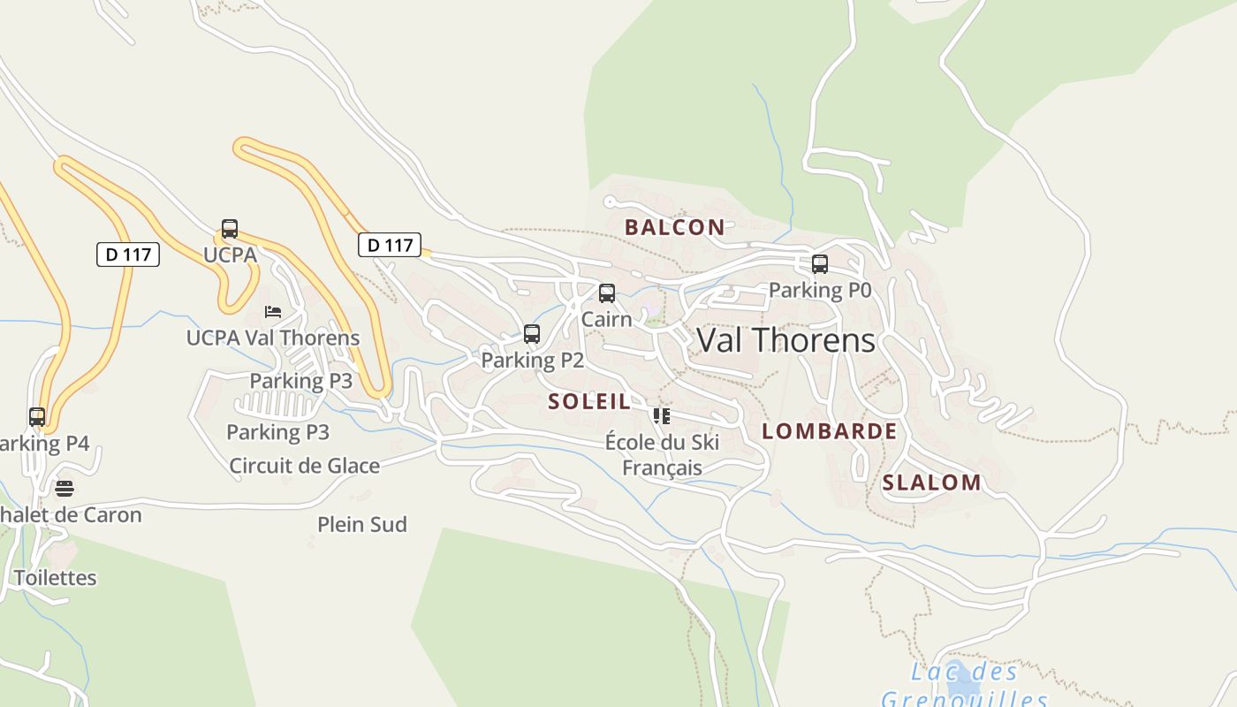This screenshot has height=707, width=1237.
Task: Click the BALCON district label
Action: pyautogui.click(x=674, y=227)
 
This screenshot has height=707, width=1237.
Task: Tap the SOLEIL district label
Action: pyautogui.click(x=589, y=401)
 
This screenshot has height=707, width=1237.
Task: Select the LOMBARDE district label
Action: pyautogui.click(x=829, y=431)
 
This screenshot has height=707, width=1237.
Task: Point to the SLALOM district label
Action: pyautogui.click(x=931, y=483)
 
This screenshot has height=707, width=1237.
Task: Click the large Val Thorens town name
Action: pyautogui.click(x=785, y=340)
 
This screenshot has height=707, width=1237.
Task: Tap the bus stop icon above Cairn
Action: pyautogui.click(x=607, y=293)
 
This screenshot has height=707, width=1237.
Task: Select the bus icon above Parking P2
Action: pyautogui.click(x=532, y=334)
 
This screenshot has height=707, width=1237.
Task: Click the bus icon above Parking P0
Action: pyautogui.click(x=820, y=264)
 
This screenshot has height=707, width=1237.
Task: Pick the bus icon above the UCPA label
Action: pyautogui.click(x=230, y=229)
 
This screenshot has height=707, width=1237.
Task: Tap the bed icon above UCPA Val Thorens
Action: pyautogui.click(x=273, y=312)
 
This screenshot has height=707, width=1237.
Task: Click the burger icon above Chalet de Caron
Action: pyautogui.click(x=65, y=488)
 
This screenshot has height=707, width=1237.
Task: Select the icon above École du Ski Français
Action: pyautogui.click(x=661, y=416)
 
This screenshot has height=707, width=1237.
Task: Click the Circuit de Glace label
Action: pyautogui.click(x=304, y=466)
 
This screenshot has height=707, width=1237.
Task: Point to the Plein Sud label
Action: pyautogui.click(x=362, y=524)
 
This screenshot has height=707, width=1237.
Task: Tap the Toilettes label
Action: pyautogui.click(x=55, y=577)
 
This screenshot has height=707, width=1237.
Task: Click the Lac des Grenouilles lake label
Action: pyautogui.click(x=964, y=686)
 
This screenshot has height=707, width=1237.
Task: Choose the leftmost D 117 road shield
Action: pyautogui.click(x=128, y=255)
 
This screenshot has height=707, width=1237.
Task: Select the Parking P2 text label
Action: pyautogui.click(x=532, y=360)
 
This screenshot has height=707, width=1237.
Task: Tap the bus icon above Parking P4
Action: pyautogui.click(x=37, y=417)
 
